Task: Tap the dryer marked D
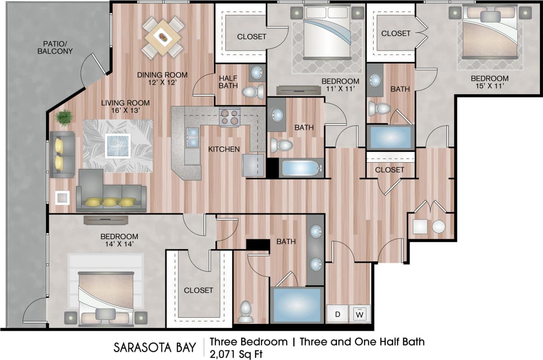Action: coord(337,314)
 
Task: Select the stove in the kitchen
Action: coord(229,117)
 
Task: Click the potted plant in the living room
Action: coord(64,118)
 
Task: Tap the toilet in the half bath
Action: coord(253,92)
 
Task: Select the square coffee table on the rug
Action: coord(117,146)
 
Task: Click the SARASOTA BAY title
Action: coord(155,347)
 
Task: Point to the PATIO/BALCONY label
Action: coord(58,47)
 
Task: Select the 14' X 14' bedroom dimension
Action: coord(119,245)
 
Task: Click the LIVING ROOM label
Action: coord(125,103)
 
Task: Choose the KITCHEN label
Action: coord(224,149)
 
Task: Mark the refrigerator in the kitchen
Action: coord(253,165)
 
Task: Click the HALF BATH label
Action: coord(228,82)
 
